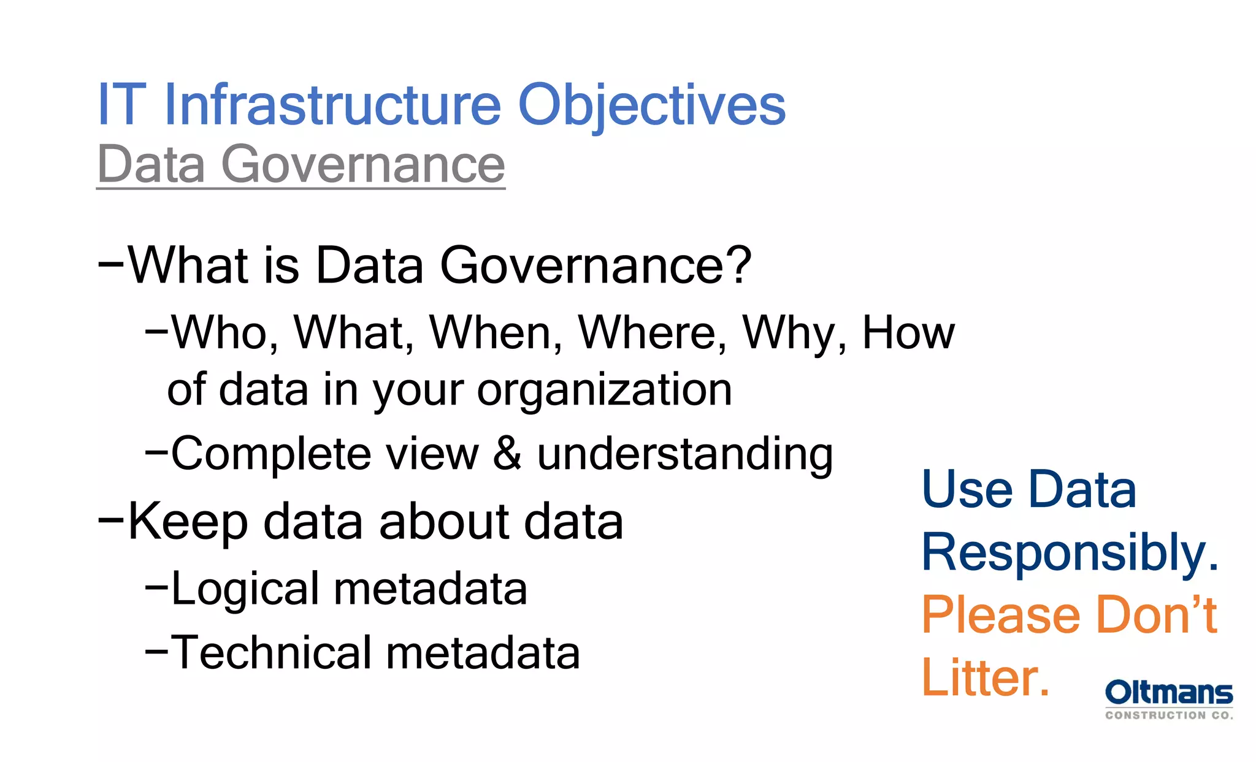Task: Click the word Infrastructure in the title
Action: pyautogui.click(x=333, y=105)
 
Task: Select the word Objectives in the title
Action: pyautogui.click(x=651, y=105)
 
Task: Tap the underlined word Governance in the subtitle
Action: pyautogui.click(x=362, y=164)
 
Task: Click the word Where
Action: pyautogui.click(x=652, y=333)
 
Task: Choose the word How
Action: pyautogui.click(x=908, y=333)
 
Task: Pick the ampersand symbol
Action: pyautogui.click(x=508, y=454)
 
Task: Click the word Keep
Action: pyautogui.click(x=188, y=522)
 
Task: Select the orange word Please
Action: pyautogui.click(x=1000, y=615)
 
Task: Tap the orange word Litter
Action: pyautogui.click(x=985, y=678)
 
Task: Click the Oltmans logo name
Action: pyautogui.click(x=1168, y=693)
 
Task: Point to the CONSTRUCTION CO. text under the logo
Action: pyautogui.click(x=1169, y=715)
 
